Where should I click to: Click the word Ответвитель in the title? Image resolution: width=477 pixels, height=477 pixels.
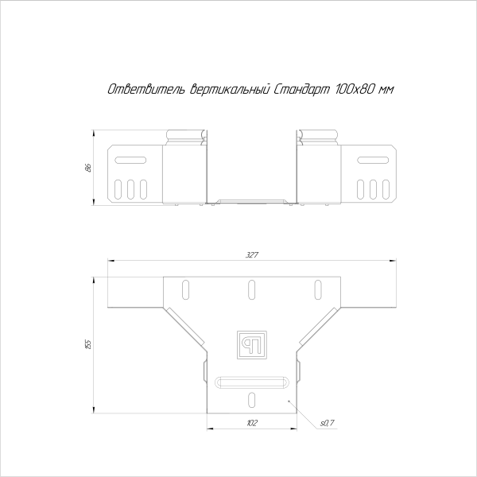pos(146,91)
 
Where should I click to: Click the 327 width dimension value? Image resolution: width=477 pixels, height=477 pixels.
pos(252,255)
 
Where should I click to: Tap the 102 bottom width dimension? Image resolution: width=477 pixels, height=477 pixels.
pos(252,423)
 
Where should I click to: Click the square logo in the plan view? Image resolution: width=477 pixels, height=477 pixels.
pos(252,343)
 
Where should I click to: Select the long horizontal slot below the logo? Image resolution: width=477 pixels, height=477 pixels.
pos(252,382)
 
